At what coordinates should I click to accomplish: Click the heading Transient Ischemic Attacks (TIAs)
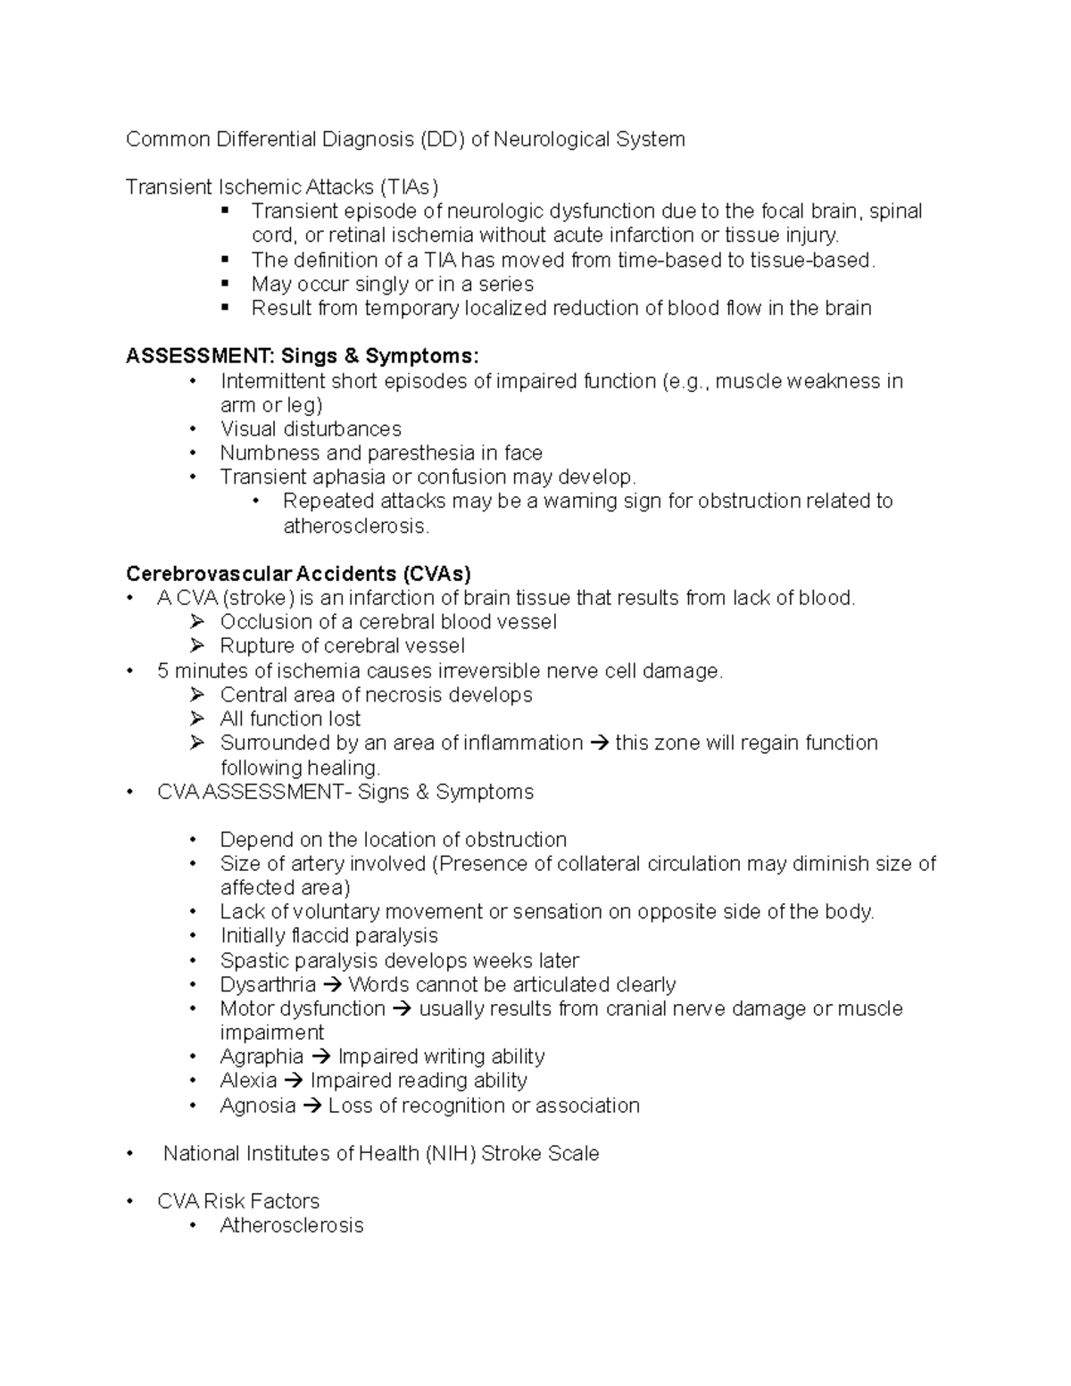(282, 187)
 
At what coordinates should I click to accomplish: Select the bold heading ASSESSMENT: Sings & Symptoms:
(302, 356)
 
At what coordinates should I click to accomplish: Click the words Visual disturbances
(311, 429)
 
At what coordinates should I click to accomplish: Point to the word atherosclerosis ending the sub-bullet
(355, 527)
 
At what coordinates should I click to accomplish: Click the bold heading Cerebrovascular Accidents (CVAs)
(298, 573)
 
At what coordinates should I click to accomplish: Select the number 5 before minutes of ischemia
(162, 671)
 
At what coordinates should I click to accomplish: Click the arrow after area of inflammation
(599, 743)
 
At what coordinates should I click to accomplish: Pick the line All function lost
(290, 719)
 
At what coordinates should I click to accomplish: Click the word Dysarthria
(268, 984)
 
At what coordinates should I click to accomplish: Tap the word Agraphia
(262, 1057)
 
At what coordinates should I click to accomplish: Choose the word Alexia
(248, 1081)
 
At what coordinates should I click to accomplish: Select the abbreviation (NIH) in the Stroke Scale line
(451, 1154)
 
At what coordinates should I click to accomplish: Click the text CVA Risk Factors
(238, 1201)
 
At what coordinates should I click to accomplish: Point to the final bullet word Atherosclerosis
(292, 1225)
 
